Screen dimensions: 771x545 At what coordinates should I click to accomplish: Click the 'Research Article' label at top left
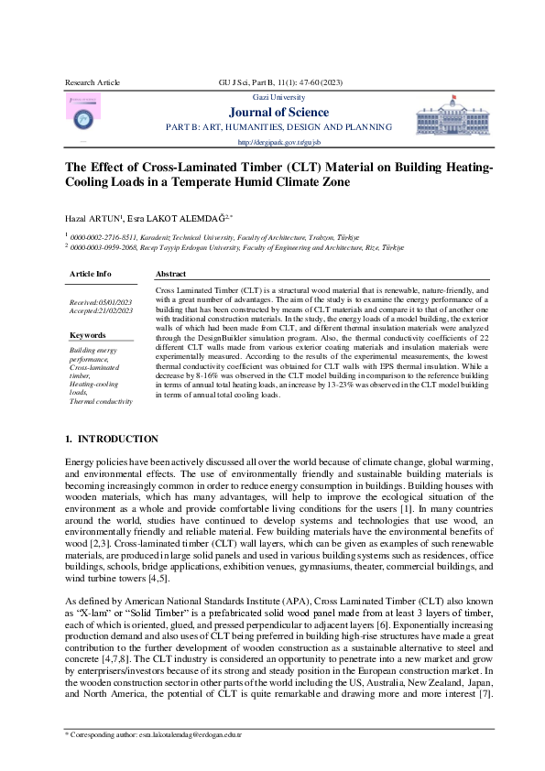pyautogui.click(x=93, y=82)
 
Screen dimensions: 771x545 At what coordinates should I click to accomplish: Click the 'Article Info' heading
pyautogui.click(x=91, y=274)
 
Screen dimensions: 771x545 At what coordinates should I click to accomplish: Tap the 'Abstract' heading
pyautogui.click(x=171, y=274)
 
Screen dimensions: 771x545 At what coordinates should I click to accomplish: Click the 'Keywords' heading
pyautogui.click(x=88, y=335)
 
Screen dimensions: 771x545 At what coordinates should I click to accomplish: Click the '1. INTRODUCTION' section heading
pyautogui.click(x=113, y=440)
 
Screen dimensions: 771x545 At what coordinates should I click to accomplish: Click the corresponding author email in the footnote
pyautogui.click(x=187, y=735)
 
